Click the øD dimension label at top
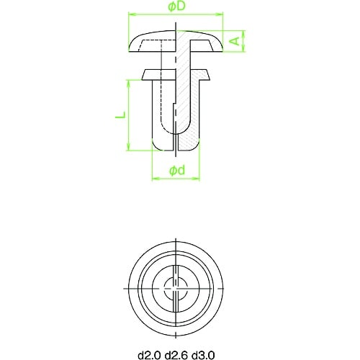click(177, 6)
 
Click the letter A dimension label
click(235, 41)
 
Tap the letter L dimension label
click(120, 114)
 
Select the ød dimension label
click(177, 171)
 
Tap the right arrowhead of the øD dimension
click(220, 14)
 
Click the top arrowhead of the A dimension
click(244, 35)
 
